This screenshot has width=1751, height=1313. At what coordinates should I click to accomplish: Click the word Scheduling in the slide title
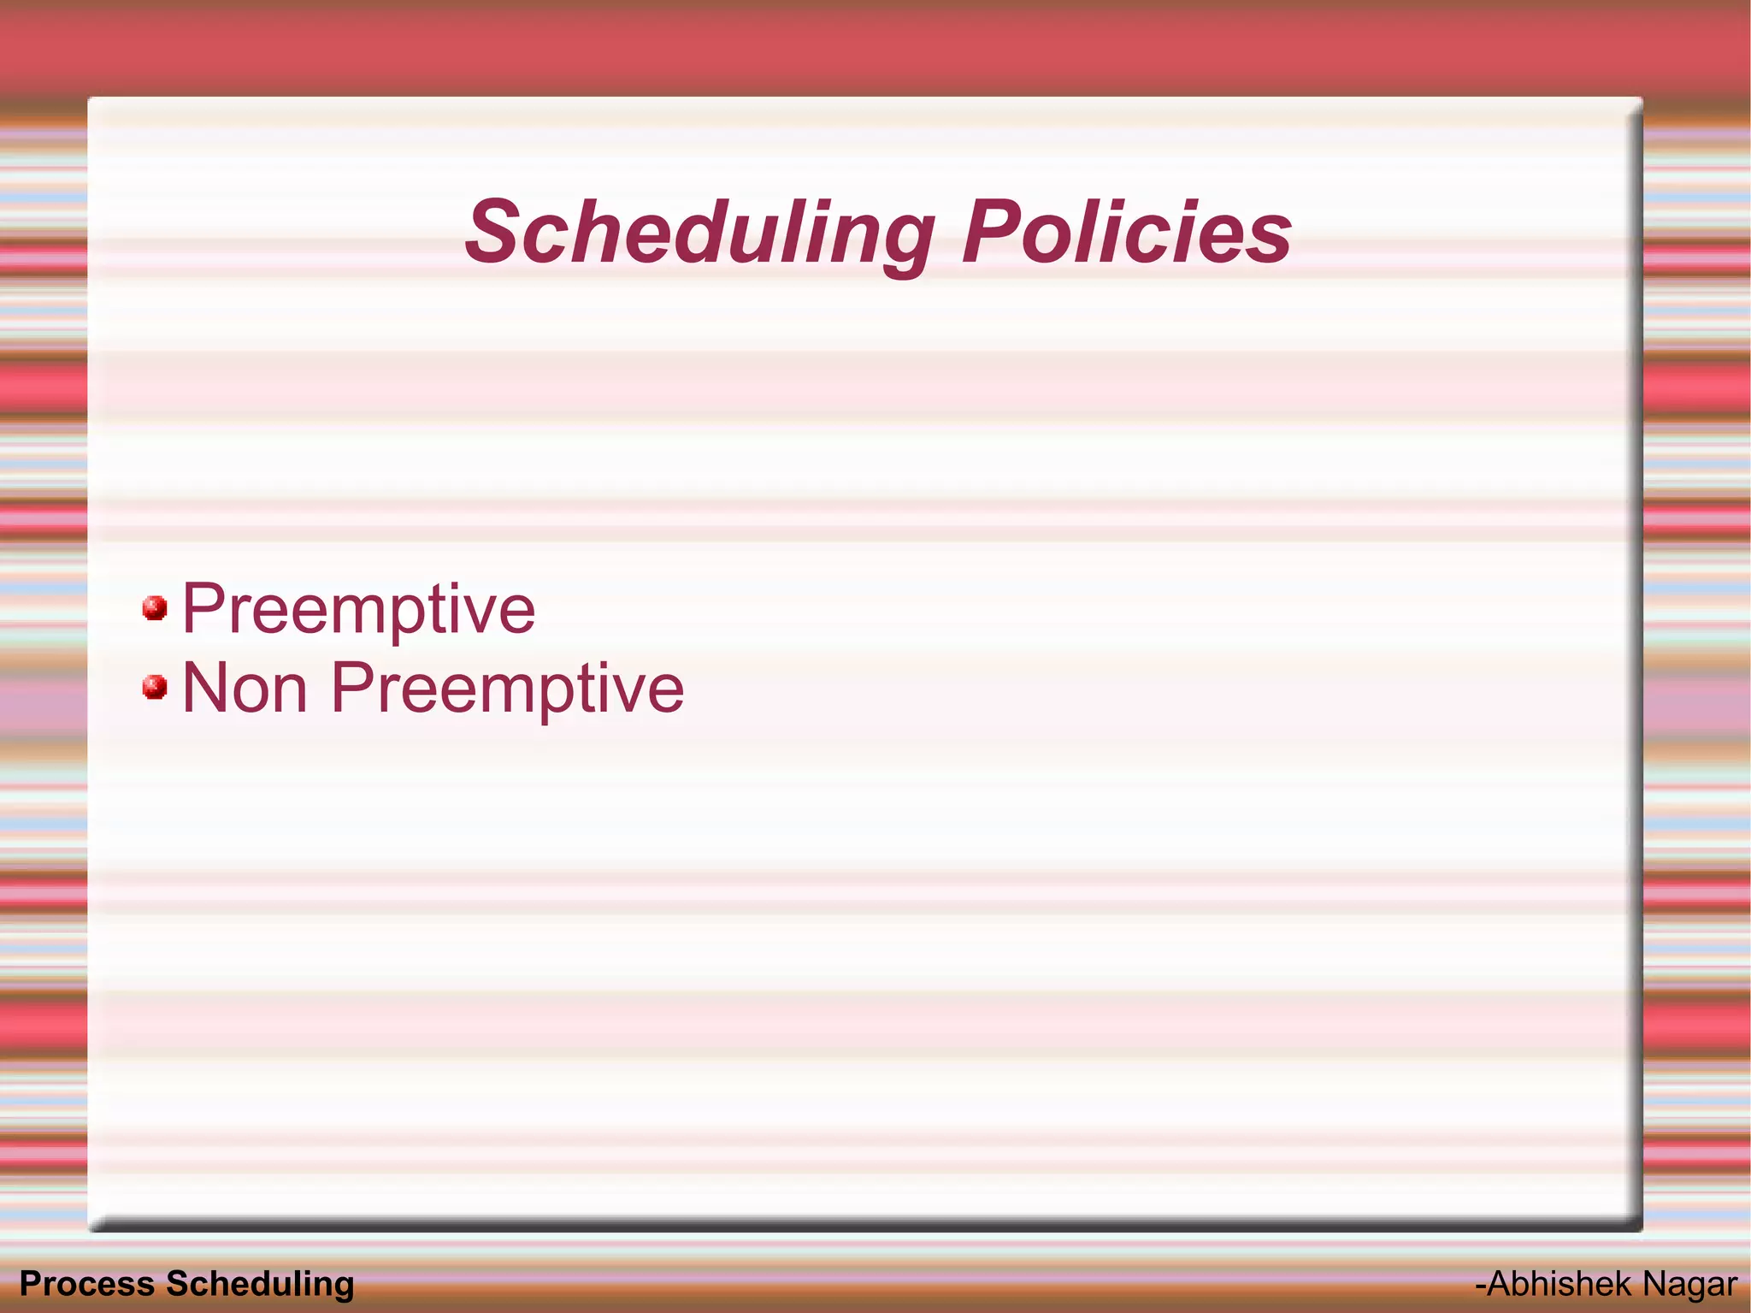pyautogui.click(x=699, y=233)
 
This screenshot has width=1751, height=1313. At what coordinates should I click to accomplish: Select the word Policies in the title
pyautogui.click(x=1126, y=233)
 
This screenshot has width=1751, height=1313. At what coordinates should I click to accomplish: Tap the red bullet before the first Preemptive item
pyautogui.click(x=155, y=608)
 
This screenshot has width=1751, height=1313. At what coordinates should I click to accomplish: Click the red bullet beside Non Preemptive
pyautogui.click(x=155, y=687)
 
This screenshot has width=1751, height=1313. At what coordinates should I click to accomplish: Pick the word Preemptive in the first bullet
pyautogui.click(x=359, y=610)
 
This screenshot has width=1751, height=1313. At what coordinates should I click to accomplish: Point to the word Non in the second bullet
pyautogui.click(x=245, y=689)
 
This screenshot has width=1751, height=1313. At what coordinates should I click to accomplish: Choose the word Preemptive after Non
pyautogui.click(x=507, y=689)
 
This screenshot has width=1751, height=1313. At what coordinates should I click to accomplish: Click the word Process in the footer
pyautogui.click(x=86, y=1284)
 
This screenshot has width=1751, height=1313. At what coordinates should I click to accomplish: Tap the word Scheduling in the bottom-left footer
pyautogui.click(x=260, y=1284)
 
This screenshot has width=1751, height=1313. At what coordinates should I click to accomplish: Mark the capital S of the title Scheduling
pyautogui.click(x=494, y=232)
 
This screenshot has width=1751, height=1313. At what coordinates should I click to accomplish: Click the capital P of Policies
pyautogui.click(x=990, y=232)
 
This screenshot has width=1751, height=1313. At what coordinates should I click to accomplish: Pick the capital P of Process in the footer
pyautogui.click(x=29, y=1284)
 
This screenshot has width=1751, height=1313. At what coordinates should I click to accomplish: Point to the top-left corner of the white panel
pyautogui.click(x=90, y=99)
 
